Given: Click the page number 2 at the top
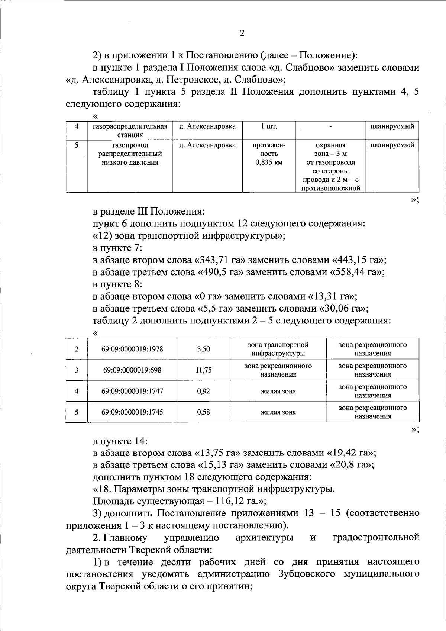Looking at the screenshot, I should tap(242, 33).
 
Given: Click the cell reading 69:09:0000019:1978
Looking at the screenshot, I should tap(132, 349).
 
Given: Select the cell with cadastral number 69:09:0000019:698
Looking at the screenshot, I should tap(132, 370).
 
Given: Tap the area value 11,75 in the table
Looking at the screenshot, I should tap(203, 370).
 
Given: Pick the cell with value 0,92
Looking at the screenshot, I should tap(203, 391).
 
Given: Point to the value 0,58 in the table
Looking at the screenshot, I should tap(203, 412).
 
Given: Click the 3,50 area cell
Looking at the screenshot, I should tap(203, 349).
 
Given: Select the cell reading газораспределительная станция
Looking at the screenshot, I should tap(130, 131).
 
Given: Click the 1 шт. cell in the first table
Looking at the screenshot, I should tap(269, 126).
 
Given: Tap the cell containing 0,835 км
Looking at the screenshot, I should tap(269, 162).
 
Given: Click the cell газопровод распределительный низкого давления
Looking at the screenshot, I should tap(130, 154).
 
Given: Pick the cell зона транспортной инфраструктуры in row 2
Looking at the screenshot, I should tap(278, 349).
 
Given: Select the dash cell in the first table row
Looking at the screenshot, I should tap(330, 126).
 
